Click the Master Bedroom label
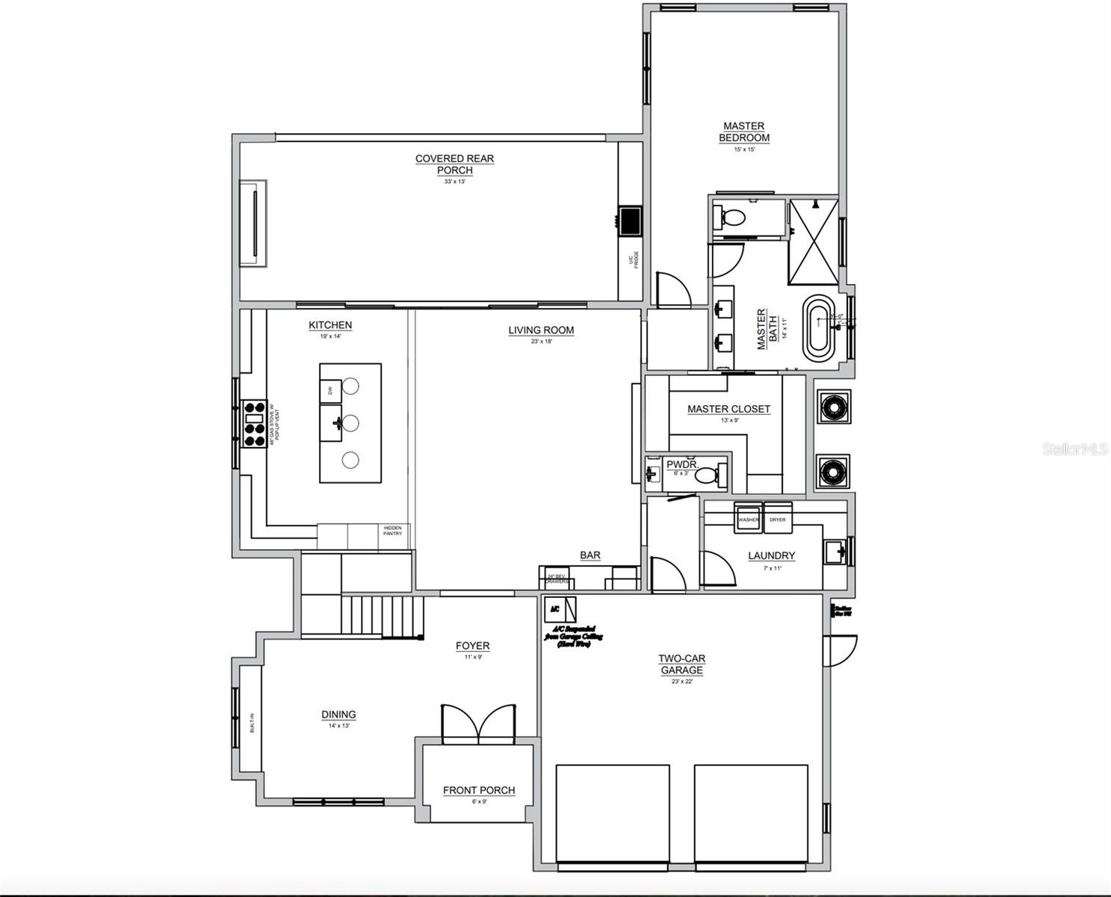tap(744, 132)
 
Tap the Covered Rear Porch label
tap(454, 164)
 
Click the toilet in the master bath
tap(731, 218)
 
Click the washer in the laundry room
tap(748, 520)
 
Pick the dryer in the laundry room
tap(777, 520)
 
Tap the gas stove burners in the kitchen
tap(253, 424)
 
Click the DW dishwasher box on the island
tap(330, 390)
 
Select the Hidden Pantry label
tap(392, 531)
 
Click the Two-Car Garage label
tap(681, 664)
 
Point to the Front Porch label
tap(479, 790)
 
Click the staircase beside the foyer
tap(382, 616)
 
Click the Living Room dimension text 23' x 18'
tap(541, 342)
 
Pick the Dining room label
tap(338, 715)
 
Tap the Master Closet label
tap(728, 409)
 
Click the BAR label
tap(590, 555)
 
